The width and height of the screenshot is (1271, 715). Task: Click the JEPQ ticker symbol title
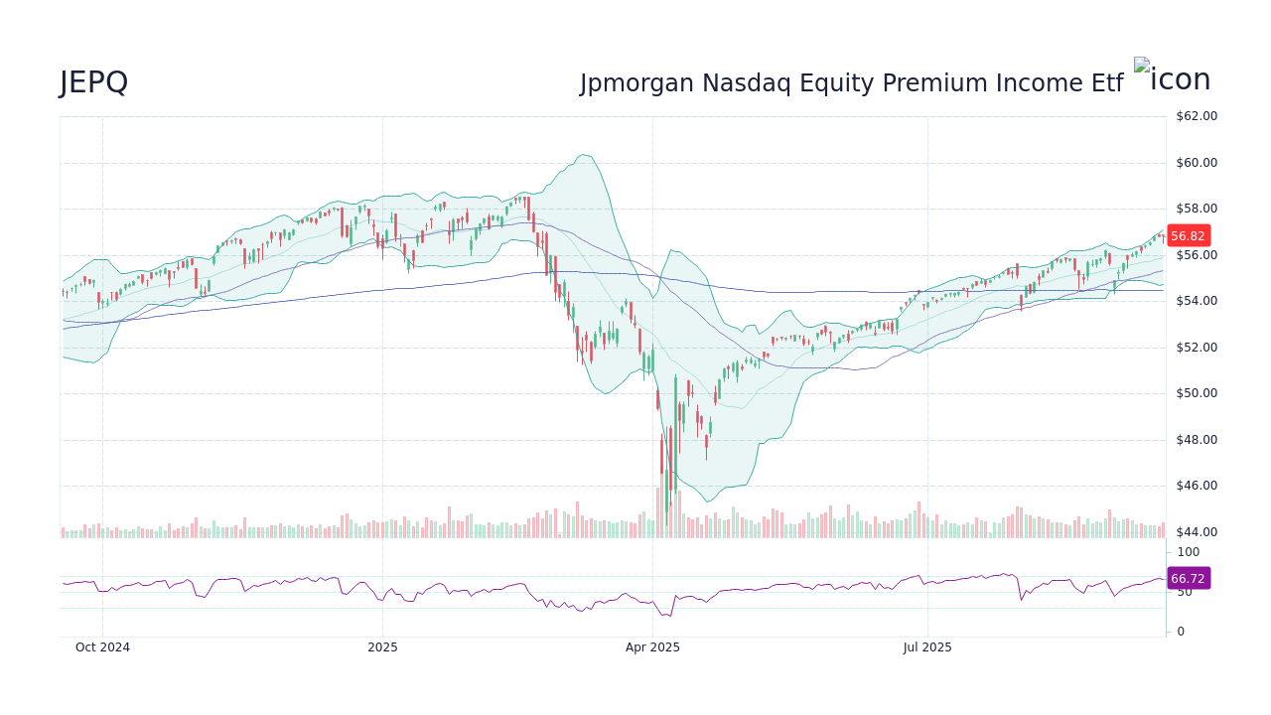tap(93, 82)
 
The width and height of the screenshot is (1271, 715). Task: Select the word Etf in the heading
tap(1104, 83)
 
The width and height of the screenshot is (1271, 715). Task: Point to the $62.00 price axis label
tap(1196, 116)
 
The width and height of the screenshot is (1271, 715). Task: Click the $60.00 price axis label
tap(1196, 163)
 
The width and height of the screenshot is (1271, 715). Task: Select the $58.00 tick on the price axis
tap(1196, 209)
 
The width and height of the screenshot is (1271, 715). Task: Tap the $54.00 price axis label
tap(1196, 301)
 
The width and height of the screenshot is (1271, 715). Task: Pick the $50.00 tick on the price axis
tap(1196, 393)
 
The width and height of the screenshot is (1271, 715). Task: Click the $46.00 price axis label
tap(1196, 486)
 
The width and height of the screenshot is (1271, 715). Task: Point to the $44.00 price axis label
tap(1196, 532)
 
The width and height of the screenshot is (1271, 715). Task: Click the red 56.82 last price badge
tap(1188, 236)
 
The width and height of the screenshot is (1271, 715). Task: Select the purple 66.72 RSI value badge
tap(1188, 578)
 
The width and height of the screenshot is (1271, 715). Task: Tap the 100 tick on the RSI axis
tap(1188, 552)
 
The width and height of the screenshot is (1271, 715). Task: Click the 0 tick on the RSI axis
tap(1181, 632)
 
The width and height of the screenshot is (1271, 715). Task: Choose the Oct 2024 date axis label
tap(102, 647)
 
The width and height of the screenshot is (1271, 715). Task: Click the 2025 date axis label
tap(382, 647)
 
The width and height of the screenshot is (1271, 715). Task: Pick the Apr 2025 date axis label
tap(652, 647)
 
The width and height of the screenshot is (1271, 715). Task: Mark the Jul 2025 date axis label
tap(927, 647)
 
